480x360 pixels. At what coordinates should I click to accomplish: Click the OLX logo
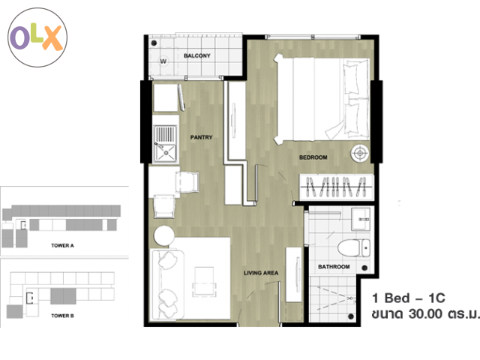click(37, 37)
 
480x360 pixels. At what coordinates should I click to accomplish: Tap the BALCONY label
click(196, 55)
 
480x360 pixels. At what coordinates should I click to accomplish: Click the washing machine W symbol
click(163, 61)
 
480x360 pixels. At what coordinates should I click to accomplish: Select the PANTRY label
click(201, 137)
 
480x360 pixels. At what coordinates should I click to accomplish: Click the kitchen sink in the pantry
click(165, 144)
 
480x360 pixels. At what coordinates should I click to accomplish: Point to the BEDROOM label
click(313, 157)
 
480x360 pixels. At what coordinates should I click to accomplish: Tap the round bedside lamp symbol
click(360, 153)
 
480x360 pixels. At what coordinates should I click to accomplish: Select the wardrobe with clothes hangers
click(336, 187)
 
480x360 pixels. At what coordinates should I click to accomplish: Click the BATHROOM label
click(334, 267)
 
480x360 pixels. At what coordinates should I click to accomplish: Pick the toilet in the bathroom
click(354, 248)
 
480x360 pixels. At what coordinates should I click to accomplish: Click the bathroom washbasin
click(361, 219)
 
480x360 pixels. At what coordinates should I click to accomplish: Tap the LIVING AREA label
click(261, 273)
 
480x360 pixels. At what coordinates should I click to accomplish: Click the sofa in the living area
click(167, 285)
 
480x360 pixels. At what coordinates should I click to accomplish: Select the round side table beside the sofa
click(164, 235)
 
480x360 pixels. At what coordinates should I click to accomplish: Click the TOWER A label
click(62, 245)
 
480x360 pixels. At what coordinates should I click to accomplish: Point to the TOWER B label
click(62, 316)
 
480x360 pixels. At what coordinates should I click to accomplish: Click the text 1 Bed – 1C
click(408, 298)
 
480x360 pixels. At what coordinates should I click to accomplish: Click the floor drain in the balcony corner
click(154, 43)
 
